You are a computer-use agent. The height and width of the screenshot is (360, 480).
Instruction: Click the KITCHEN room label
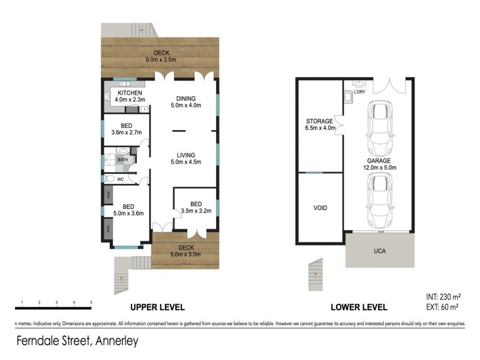(x=130, y=93)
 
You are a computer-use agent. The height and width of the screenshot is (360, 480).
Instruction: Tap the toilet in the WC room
(x=110, y=179)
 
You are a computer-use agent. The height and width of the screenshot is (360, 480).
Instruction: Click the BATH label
(x=122, y=160)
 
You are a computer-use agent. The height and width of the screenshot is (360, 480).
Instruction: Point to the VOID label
(x=320, y=208)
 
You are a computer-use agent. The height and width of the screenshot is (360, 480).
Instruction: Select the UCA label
(x=379, y=250)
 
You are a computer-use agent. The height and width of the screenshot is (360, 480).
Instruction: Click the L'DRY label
(x=359, y=92)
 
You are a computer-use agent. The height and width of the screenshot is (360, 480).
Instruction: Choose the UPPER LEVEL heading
(x=157, y=307)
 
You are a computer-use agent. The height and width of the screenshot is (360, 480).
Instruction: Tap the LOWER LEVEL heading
(x=358, y=307)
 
